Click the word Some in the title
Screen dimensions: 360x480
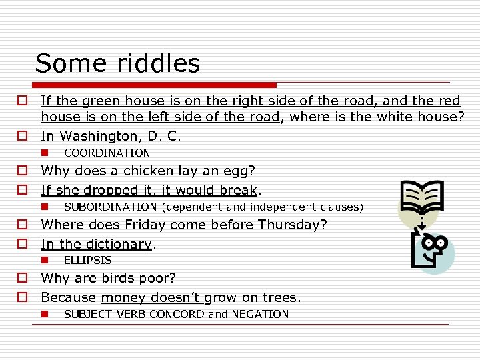tap(70, 63)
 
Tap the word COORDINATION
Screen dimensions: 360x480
tap(107, 153)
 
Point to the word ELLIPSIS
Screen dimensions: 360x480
tap(87, 260)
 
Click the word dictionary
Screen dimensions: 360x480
tap(117, 244)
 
